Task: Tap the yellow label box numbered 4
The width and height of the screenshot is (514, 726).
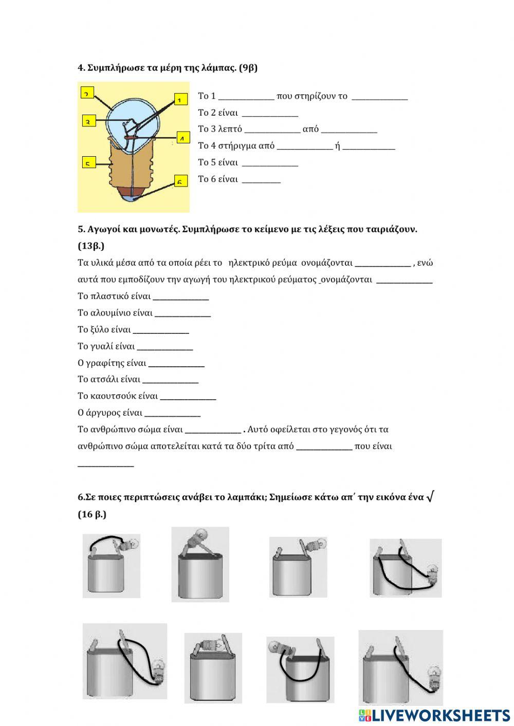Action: coord(182,138)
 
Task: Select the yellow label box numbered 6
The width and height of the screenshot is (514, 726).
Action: coord(180,181)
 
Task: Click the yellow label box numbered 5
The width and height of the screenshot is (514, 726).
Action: coord(88,163)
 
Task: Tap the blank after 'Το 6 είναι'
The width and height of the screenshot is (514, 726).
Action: coord(261,180)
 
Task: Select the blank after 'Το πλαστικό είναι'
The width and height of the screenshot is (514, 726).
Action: coord(181,297)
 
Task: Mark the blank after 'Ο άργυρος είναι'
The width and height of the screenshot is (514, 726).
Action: coord(173,414)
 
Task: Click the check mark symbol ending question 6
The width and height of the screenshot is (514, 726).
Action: coord(431,496)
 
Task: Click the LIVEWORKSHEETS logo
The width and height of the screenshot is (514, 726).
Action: coord(434,715)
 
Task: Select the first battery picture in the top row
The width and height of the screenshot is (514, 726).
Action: coord(112,566)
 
